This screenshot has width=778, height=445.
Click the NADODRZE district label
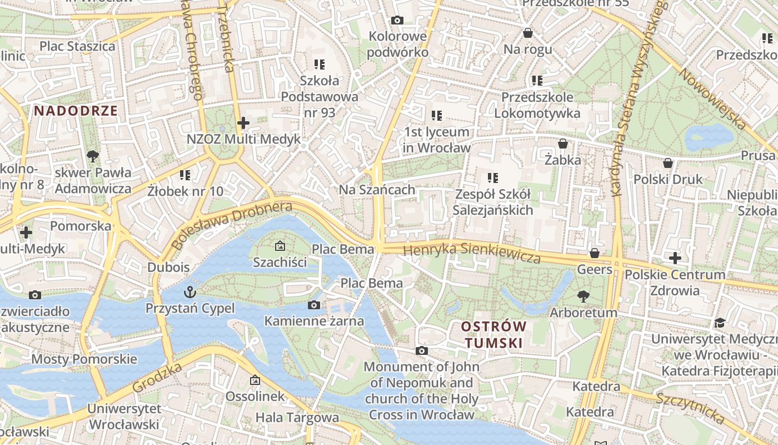click(x=76, y=110)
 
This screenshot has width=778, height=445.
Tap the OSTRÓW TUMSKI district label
click(x=493, y=334)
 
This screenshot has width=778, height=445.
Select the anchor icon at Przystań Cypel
click(x=191, y=291)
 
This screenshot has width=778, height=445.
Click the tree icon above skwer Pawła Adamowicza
click(x=92, y=156)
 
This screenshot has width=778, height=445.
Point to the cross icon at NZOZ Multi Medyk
click(x=243, y=122)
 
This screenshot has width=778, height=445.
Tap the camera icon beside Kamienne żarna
click(x=314, y=305)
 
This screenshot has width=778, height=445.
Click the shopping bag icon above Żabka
click(x=563, y=144)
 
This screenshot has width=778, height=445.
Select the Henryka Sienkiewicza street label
click(x=472, y=253)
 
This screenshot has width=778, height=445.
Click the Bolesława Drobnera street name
click(x=232, y=225)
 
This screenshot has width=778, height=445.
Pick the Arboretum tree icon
click(x=583, y=296)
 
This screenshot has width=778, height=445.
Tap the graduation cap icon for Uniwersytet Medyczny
click(x=720, y=323)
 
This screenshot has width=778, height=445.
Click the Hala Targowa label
click(x=297, y=417)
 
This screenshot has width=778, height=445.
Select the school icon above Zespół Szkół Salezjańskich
click(x=492, y=178)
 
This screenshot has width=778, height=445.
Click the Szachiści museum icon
click(x=280, y=245)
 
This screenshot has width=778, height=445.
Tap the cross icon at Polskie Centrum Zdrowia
click(x=675, y=258)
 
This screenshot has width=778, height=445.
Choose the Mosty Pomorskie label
click(x=84, y=359)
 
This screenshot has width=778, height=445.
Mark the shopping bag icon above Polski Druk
click(x=668, y=163)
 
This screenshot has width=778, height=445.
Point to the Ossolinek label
click(x=255, y=396)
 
